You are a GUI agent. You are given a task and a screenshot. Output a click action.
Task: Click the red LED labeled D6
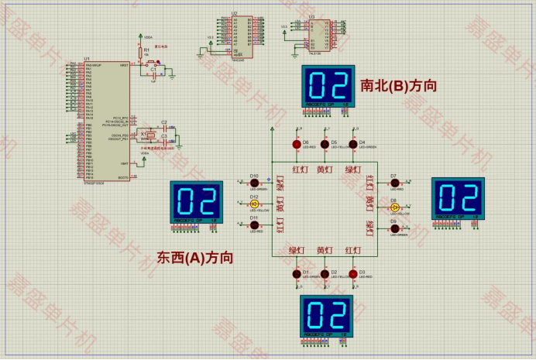296,144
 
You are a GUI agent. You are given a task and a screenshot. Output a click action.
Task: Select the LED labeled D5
325,144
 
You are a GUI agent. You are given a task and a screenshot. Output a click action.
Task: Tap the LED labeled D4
352,144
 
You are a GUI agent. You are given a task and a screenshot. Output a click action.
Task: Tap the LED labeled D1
296,274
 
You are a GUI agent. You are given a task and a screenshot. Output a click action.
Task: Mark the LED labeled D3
352,274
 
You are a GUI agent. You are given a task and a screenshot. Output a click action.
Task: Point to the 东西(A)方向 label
195,257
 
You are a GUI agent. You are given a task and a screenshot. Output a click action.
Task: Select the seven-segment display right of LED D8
458,200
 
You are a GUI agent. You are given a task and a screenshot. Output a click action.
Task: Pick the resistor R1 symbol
142,54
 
